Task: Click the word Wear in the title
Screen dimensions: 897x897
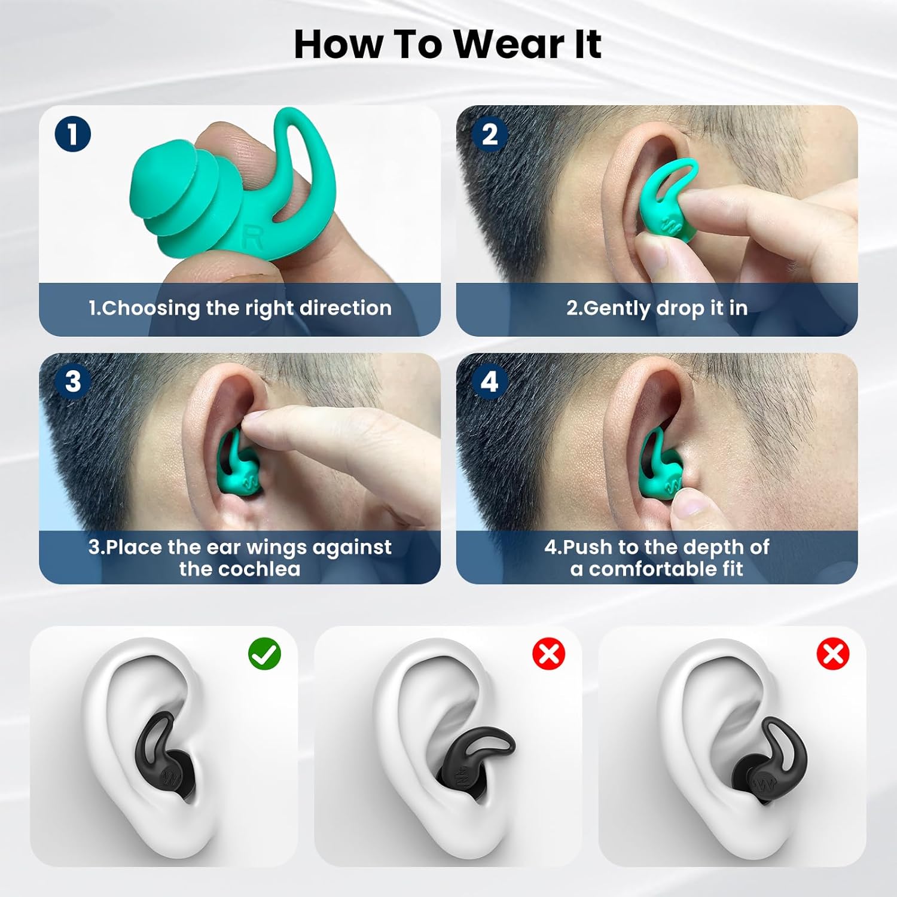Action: click(508, 44)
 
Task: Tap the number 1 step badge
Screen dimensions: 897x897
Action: click(72, 134)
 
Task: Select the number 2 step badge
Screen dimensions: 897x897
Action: click(489, 134)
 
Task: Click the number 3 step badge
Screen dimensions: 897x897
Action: click(72, 382)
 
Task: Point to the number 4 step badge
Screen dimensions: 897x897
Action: click(489, 382)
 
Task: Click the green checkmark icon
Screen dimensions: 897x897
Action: click(264, 654)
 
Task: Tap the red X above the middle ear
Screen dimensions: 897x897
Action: click(548, 654)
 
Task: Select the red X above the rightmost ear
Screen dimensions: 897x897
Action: click(832, 654)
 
